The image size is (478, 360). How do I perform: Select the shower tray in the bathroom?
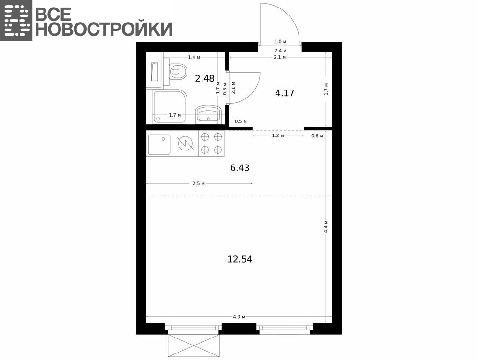pos(170,106)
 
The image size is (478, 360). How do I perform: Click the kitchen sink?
pos(159,144)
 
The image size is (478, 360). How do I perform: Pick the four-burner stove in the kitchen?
pos(211,143)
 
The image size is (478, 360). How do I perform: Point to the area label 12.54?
pos(240,259)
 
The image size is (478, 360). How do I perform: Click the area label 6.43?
pos(240,168)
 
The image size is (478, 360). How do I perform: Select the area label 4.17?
pos(285,93)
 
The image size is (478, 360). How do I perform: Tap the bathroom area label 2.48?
pos(205,79)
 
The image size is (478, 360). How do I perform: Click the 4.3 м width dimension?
pos(239,317)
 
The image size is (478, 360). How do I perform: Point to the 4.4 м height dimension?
pos(326,226)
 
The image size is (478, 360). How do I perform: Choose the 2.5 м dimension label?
pos(198,183)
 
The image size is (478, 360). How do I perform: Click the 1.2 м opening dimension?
pos(278,135)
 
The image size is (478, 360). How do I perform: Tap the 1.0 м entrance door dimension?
pos(280,42)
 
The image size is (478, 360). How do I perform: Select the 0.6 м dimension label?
pos(317,136)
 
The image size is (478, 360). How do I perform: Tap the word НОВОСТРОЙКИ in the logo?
pos(104,29)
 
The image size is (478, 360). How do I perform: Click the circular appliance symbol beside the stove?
pos(186,143)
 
